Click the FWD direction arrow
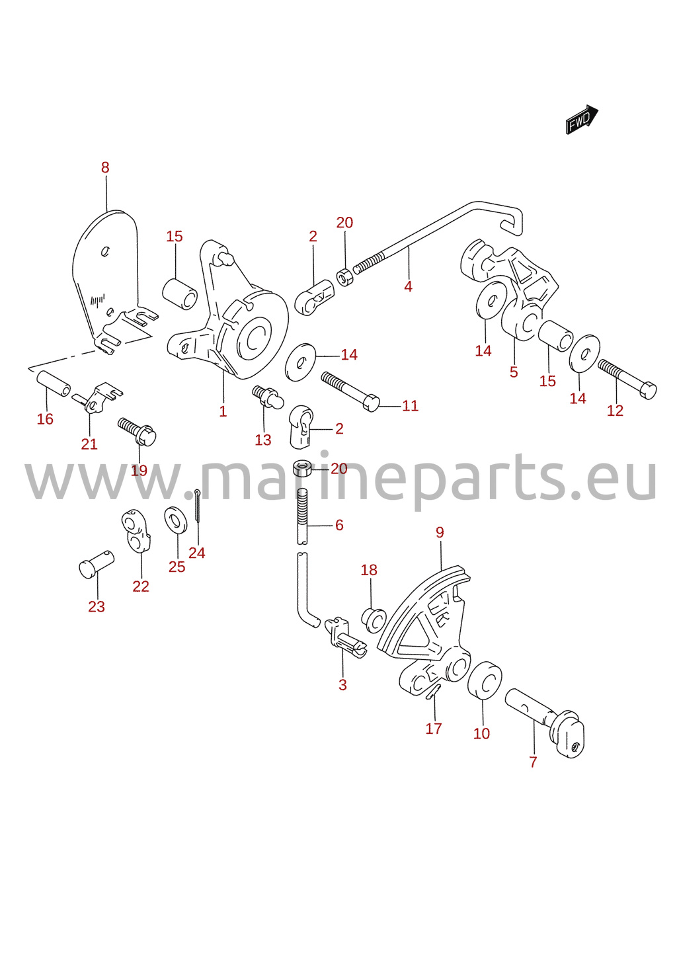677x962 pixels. (582, 120)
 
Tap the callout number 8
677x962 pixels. (105, 167)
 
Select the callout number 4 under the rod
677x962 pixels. (408, 286)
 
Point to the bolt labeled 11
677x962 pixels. (350, 391)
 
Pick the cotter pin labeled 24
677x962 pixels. (197, 506)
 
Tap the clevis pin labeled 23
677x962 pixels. (97, 565)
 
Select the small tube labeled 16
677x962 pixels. (54, 383)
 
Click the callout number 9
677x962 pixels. (440, 532)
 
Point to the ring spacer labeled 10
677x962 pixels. (484, 681)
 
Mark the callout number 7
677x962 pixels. (533, 762)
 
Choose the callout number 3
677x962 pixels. (342, 685)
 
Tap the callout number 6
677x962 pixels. (339, 525)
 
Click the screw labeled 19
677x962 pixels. (137, 432)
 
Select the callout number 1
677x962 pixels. (223, 411)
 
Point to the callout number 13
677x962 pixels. (263, 440)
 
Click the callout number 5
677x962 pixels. (514, 372)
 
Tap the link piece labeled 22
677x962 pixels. (136, 531)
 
